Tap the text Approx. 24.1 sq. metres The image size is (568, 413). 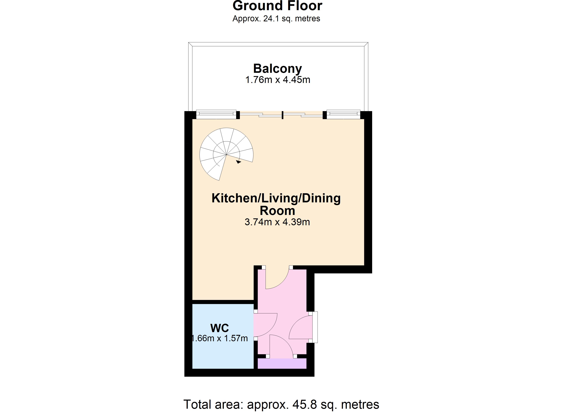(x=276, y=19)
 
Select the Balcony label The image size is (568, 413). (x=277, y=68)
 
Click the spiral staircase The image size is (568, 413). (x=226, y=154)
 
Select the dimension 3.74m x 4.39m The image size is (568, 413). (x=277, y=222)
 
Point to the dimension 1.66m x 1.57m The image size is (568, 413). (x=220, y=338)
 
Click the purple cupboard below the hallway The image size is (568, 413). (x=282, y=363)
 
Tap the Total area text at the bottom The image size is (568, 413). (x=281, y=404)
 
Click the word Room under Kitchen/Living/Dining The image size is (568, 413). (x=277, y=211)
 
